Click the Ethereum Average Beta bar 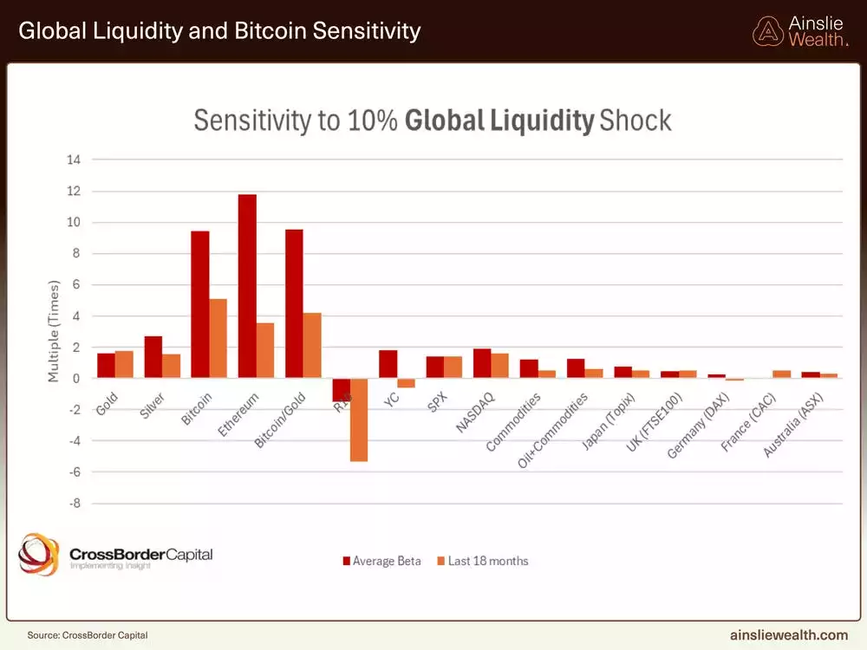point(247,286)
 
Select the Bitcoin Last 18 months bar point(218,338)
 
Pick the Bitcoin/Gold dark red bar point(294,303)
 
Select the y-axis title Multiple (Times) point(54,331)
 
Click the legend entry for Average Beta point(382,561)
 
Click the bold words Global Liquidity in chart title point(499,120)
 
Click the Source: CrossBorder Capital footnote point(81,634)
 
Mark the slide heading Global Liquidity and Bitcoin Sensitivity point(219,32)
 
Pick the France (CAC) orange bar point(781,374)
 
